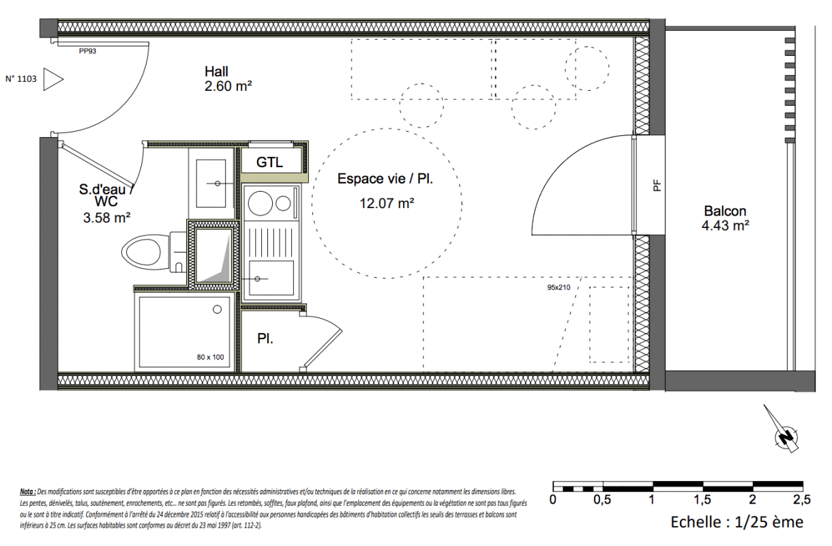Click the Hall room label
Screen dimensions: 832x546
coord(216,72)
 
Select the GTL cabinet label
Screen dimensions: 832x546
coord(269,162)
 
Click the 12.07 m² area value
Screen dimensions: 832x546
coord(387,203)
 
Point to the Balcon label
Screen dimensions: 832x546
coord(725,211)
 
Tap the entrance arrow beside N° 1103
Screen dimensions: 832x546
coord(53,79)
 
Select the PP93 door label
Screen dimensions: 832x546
coord(88,51)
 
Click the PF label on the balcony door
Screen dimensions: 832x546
coord(657,186)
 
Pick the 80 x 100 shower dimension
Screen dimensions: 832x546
coord(210,357)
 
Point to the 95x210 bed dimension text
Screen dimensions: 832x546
coord(559,287)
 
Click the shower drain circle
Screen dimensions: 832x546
coord(218,309)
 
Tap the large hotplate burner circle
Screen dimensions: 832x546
coord(261,203)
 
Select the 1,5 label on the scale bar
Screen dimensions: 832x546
coord(702,500)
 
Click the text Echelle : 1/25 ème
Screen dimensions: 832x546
coord(737,522)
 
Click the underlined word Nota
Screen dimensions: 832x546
coord(27,491)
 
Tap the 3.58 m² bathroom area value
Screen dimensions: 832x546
coord(106,218)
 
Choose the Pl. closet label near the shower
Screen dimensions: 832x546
coord(265,339)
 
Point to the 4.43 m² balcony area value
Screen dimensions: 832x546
coord(725,226)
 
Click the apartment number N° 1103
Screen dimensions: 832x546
coord(20,78)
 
